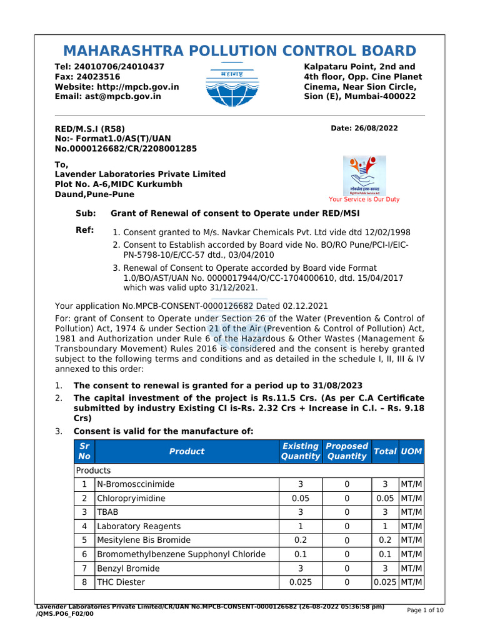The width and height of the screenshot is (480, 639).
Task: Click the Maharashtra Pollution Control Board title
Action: point(239,51)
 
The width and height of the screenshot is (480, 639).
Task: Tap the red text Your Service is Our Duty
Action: point(364,200)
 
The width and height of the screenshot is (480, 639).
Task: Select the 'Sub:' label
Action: point(86,213)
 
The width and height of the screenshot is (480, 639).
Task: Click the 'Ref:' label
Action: point(84,230)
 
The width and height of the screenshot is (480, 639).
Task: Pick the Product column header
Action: point(186,451)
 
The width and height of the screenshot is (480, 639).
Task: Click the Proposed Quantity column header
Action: point(347,451)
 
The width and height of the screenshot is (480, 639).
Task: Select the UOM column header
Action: point(411,451)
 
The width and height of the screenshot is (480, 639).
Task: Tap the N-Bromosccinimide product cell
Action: point(136,484)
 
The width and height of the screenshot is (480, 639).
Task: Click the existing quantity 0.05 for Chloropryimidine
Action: point(300,499)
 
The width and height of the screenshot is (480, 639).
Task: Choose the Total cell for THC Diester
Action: point(385,582)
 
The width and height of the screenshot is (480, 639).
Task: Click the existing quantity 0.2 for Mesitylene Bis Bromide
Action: point(300,540)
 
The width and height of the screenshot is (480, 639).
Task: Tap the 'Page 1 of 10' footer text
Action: point(425,611)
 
